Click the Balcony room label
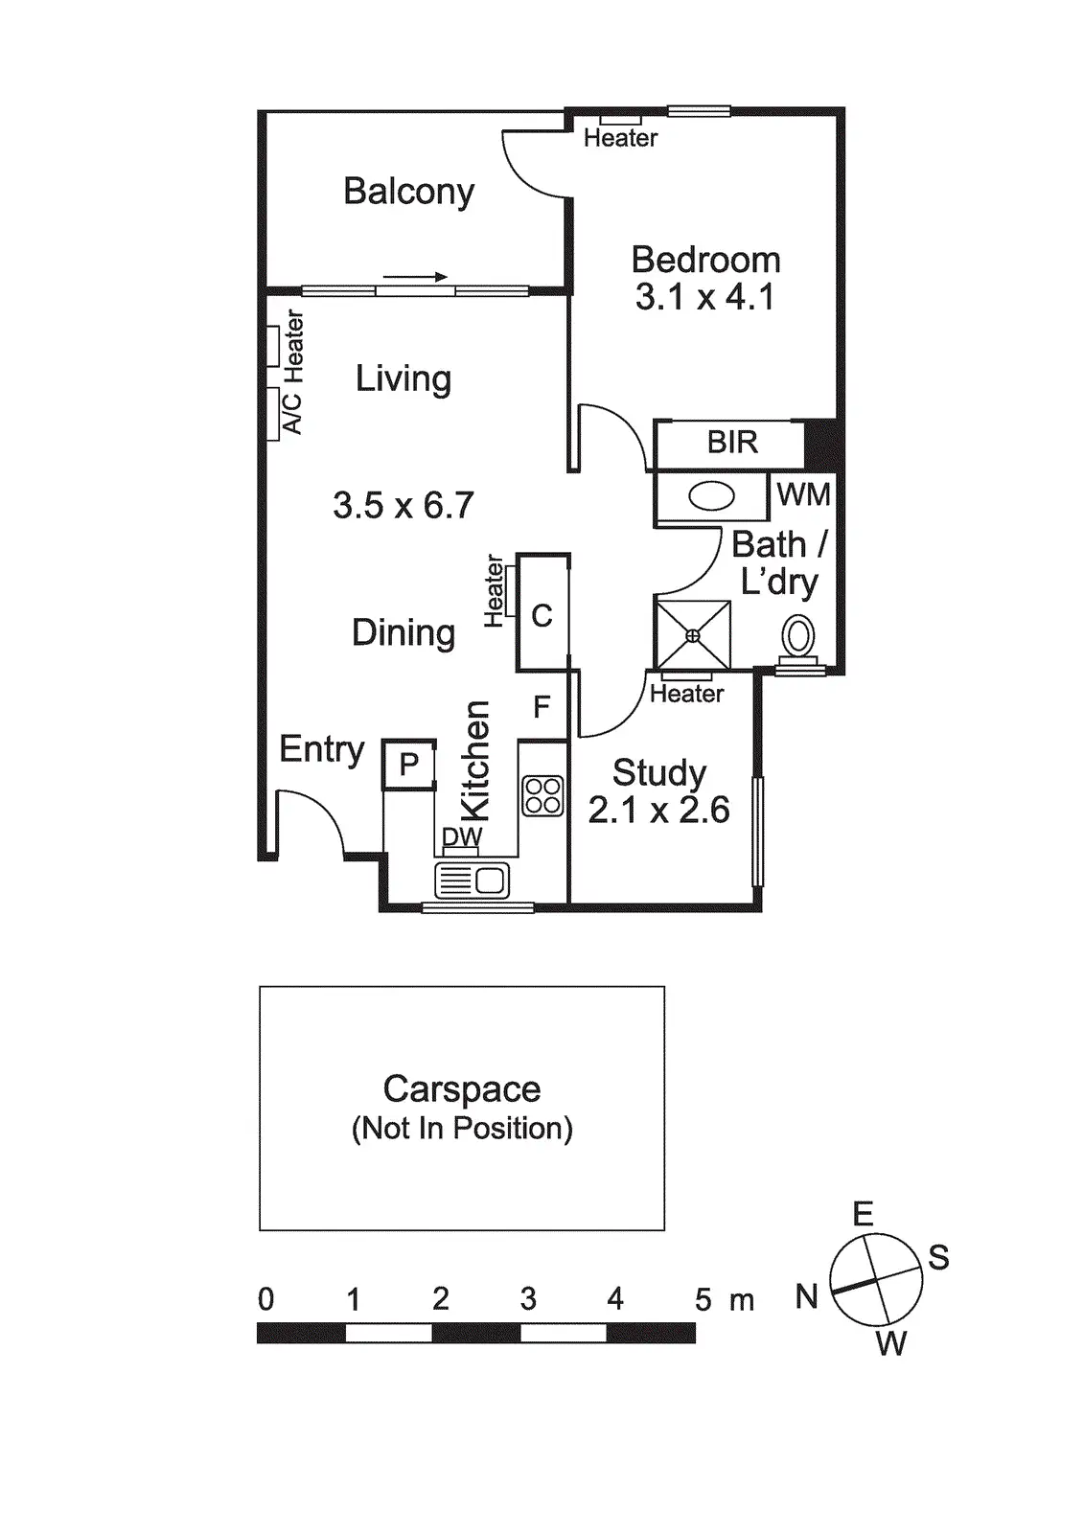pos(408,192)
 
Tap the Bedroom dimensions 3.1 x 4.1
pos(704,297)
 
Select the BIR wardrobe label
pos(732,443)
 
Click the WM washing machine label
pos(803,494)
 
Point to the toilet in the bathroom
pos(798,637)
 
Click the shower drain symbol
pos(693,635)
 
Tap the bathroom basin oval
pos(712,496)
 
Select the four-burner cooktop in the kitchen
pos(542,795)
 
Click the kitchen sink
pos(472,880)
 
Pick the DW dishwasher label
pos(462,836)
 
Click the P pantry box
pos(409,765)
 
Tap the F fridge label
pos(542,707)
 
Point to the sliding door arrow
pos(416,278)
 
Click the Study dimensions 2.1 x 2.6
pos(658,811)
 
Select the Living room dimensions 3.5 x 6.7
pos(404,505)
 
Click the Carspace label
pos(462,1089)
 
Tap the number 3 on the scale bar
pos(528,1299)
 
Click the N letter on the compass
pos(807,1297)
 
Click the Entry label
pos(322,749)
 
